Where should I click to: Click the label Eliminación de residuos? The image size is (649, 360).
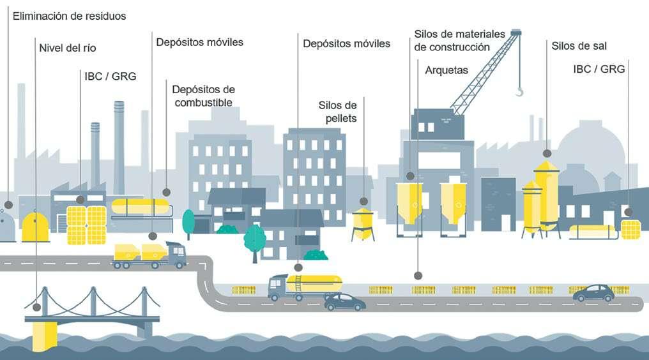[x=70, y=16]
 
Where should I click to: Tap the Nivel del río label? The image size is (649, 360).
[x=67, y=48]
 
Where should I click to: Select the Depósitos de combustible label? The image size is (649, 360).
[x=203, y=96]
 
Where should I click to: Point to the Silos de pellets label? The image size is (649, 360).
[x=337, y=112]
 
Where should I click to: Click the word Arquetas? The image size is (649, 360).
[x=447, y=70]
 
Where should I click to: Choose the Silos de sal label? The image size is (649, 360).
[x=579, y=46]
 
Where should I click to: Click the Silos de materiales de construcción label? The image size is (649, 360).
[x=459, y=40]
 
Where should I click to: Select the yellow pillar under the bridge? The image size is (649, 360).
[x=44, y=335]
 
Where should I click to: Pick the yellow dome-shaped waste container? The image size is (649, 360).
[x=35, y=227]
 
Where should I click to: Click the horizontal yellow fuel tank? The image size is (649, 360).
[x=141, y=207]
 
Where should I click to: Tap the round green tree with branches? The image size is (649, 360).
[x=254, y=240]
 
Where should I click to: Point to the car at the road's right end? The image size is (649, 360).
[x=593, y=293]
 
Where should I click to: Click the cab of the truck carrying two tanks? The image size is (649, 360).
[x=176, y=253]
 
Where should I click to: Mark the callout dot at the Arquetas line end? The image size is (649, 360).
[x=418, y=276]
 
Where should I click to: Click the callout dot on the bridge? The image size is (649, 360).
[x=36, y=307]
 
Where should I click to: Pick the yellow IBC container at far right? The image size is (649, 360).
[x=631, y=229]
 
